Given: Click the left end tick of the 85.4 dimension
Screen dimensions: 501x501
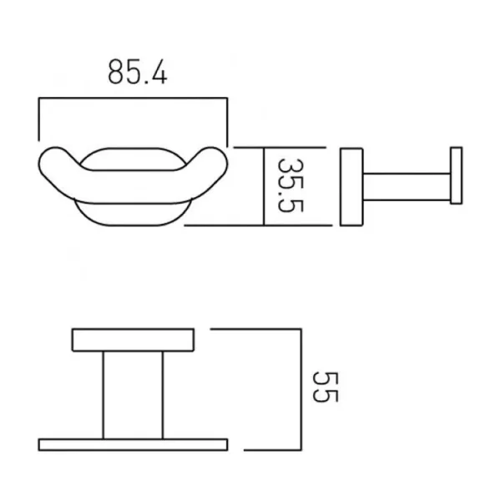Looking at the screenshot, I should (x=38, y=119).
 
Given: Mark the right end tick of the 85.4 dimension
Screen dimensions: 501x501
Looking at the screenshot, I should (x=226, y=119).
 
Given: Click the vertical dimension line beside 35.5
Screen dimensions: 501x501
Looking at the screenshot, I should (x=264, y=185).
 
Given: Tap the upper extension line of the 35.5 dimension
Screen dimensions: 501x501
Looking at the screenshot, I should (x=248, y=147).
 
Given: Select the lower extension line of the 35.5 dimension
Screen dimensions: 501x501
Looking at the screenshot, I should (x=225, y=225).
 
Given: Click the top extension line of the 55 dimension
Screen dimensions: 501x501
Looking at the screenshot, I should (x=255, y=329).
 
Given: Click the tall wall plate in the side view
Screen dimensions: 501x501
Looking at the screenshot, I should (x=351, y=187).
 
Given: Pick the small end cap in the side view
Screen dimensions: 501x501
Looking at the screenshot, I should (x=456, y=176).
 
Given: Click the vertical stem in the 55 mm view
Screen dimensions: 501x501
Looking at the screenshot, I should (x=133, y=394).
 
